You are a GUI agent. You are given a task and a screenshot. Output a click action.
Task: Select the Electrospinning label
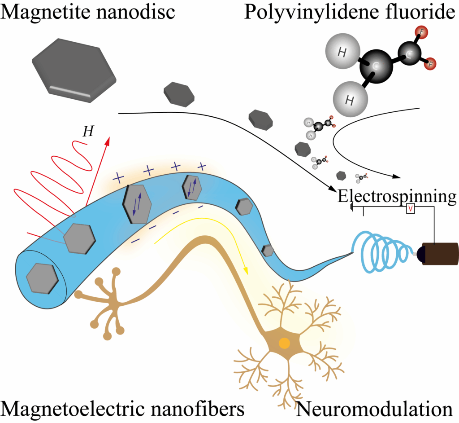[x=397, y=196]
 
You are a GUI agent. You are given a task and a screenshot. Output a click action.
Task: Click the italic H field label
[x=88, y=132]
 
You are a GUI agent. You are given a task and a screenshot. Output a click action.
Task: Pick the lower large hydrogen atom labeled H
[x=350, y=99]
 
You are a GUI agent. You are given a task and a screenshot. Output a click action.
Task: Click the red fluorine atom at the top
[x=421, y=32]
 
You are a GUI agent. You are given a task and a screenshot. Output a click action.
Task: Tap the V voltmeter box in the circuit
[x=410, y=208]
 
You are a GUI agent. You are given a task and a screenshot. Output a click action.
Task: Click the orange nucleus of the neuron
[x=284, y=344]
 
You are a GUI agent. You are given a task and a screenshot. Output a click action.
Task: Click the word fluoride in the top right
[x=417, y=12]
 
